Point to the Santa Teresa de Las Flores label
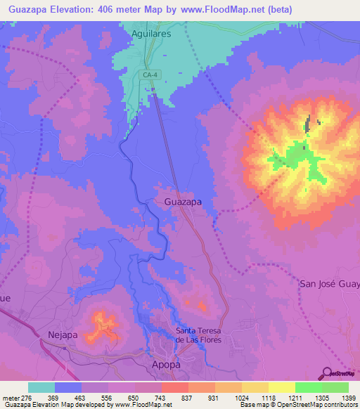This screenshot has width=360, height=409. [198, 336]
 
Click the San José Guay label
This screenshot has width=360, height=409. [329, 284]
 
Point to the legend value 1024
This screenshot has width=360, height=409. [240, 397]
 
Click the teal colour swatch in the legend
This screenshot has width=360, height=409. [41, 387]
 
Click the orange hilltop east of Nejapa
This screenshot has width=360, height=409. [103, 326]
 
